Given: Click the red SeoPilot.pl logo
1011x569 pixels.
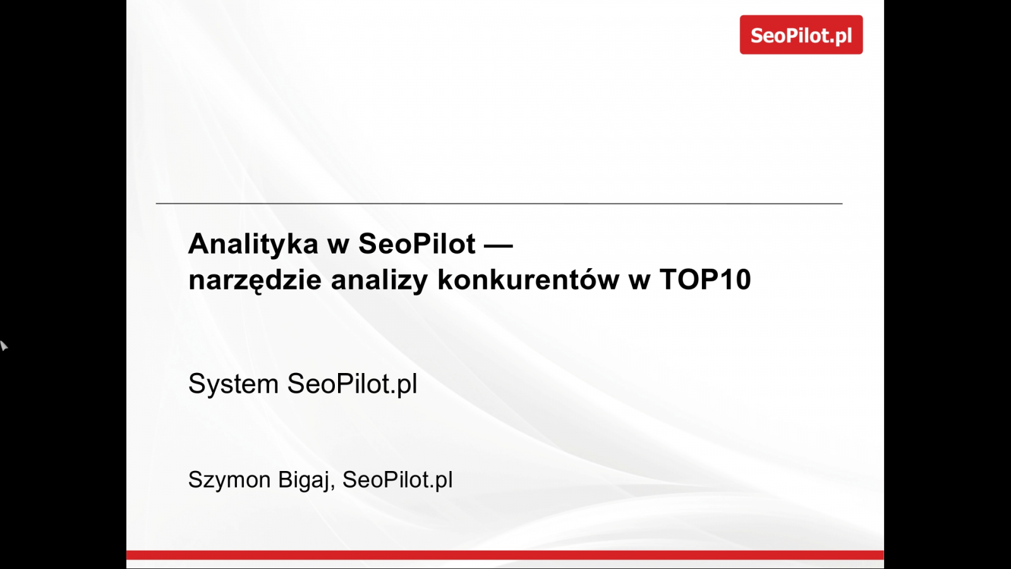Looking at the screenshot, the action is point(801,35).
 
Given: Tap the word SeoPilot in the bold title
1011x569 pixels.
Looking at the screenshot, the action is point(417,244).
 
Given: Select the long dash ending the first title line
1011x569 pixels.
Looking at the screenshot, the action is point(499,246).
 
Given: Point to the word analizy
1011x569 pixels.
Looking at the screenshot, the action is point(379,281).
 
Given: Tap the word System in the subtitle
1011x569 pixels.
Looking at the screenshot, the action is point(233,384).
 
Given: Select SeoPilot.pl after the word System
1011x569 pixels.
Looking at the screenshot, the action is point(352,384).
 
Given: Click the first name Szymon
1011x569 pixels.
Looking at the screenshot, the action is point(229,480).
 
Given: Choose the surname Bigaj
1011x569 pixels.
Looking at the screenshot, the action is point(303,480).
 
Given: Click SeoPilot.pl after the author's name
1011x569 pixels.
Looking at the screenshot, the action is point(397,480).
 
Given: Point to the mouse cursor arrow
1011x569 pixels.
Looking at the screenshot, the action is point(4,345).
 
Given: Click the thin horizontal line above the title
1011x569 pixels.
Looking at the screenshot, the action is point(499,204).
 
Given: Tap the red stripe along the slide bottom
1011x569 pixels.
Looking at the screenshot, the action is point(505,555).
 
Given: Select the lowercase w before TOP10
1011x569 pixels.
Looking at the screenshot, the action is point(639,281).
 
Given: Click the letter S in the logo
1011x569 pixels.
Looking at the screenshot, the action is point(758,35).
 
